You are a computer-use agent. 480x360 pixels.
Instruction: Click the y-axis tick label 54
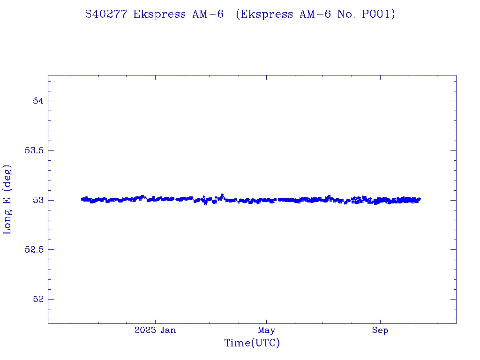(37, 101)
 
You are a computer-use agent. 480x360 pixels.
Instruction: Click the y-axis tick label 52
(37, 299)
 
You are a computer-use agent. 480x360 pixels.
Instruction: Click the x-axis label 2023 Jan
(155, 330)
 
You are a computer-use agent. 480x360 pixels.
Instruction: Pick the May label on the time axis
(266, 330)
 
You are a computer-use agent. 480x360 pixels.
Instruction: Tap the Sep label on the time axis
(380, 330)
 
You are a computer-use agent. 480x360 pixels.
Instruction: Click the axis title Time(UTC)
(252, 343)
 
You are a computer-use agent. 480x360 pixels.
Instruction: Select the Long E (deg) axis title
(7, 199)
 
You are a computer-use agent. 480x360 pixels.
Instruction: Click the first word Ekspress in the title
(160, 15)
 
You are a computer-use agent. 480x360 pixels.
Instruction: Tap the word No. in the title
(347, 15)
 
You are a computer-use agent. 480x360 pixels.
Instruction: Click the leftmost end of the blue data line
(82, 199)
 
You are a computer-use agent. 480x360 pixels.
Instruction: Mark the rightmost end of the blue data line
(420, 199)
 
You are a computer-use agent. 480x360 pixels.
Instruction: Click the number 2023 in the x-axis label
(145, 330)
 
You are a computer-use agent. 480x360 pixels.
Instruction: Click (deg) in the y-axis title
(7, 180)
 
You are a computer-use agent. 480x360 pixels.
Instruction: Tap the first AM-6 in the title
(208, 15)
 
